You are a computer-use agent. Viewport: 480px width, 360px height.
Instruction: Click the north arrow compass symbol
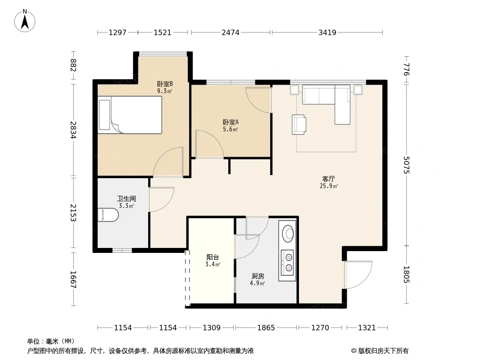pyautogui.click(x=25, y=21)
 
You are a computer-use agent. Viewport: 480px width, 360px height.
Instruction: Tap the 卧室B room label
pyautogui.click(x=165, y=84)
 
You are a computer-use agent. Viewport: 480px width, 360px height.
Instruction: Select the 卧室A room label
pyautogui.click(x=231, y=122)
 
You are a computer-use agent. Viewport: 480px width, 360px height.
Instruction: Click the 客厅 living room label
pyautogui.click(x=328, y=179)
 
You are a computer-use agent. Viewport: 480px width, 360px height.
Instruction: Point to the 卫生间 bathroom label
pyautogui.click(x=127, y=198)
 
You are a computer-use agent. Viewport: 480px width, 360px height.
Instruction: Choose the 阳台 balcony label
pyautogui.click(x=213, y=257)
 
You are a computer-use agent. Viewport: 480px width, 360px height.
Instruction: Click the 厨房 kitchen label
pyautogui.click(x=258, y=276)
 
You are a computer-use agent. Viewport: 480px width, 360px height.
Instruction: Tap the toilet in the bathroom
pyautogui.click(x=108, y=215)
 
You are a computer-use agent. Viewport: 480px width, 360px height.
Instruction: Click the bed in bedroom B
pyautogui.click(x=130, y=115)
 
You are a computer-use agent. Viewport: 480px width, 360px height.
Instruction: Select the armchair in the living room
pyautogui.click(x=299, y=125)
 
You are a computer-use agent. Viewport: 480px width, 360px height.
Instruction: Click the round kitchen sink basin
pyautogui.click(x=288, y=234)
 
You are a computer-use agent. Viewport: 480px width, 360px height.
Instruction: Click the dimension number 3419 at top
pyautogui.click(x=327, y=32)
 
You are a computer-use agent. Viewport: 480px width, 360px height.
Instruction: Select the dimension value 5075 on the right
pyautogui.click(x=406, y=165)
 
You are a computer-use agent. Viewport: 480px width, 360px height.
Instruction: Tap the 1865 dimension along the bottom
pyautogui.click(x=266, y=328)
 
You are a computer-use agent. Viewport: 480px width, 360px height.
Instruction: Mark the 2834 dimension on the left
pyautogui.click(x=73, y=130)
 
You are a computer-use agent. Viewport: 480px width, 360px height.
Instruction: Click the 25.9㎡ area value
pyautogui.click(x=329, y=186)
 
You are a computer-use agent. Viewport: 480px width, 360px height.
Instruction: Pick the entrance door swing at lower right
pyautogui.click(x=358, y=274)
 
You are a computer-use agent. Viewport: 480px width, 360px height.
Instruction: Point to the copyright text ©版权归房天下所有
pyautogui.click(x=380, y=351)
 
